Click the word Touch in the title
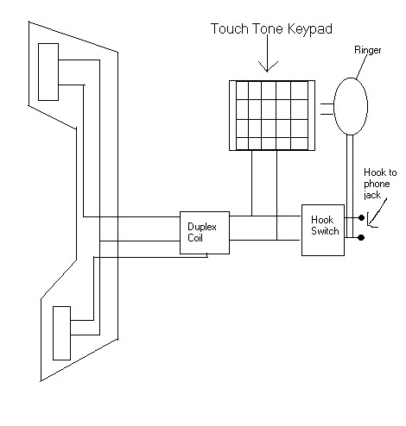[x=230, y=28]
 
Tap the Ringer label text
[x=367, y=50]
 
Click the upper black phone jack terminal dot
[x=361, y=218]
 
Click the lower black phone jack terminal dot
[x=361, y=237]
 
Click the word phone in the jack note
[x=377, y=185]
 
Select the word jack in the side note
[x=372, y=195]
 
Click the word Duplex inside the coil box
[x=202, y=227]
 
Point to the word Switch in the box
[x=325, y=231]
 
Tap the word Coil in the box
[x=195, y=238]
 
